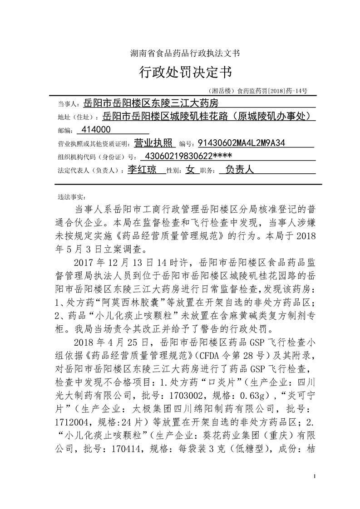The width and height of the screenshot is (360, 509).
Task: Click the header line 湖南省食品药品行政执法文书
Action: [x=181, y=54]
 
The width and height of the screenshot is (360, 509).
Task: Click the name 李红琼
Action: [x=142, y=170]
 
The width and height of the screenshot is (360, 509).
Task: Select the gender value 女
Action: [x=190, y=170]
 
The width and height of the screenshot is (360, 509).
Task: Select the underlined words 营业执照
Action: [x=153, y=144]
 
